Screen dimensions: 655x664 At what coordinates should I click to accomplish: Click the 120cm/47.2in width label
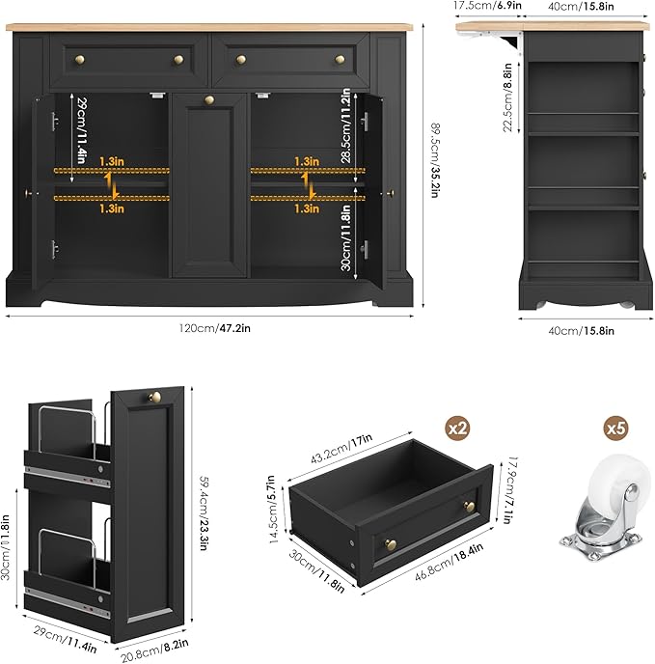[215, 328]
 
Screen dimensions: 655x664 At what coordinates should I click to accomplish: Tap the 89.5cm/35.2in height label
[435, 160]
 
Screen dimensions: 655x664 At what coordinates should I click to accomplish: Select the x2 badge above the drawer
[457, 429]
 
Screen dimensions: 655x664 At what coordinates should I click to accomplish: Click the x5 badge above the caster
[615, 429]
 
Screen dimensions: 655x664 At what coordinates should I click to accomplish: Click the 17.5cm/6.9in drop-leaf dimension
[487, 6]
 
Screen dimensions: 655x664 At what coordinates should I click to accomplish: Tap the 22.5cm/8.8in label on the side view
[507, 97]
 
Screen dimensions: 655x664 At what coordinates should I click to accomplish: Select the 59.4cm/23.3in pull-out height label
[204, 512]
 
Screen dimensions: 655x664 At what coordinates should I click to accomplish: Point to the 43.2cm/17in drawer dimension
[341, 449]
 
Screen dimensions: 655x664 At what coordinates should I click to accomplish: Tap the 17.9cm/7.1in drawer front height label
[513, 490]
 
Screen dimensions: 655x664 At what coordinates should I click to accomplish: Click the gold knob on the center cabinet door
[209, 100]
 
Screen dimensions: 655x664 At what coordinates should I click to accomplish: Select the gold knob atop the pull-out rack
[154, 397]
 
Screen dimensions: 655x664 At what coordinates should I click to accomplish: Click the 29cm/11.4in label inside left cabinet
[82, 130]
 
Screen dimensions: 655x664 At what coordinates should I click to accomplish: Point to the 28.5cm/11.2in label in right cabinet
[346, 125]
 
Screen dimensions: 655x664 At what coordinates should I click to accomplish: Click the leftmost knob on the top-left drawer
[80, 60]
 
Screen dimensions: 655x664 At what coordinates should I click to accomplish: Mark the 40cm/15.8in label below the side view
[581, 331]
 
